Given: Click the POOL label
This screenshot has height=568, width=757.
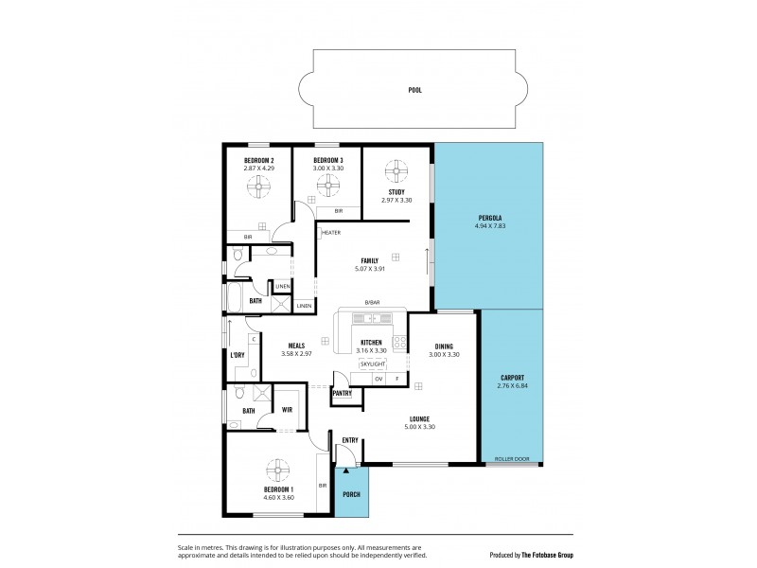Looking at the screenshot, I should tap(414, 90).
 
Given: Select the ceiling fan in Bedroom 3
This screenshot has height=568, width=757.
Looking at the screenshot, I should tap(327, 184).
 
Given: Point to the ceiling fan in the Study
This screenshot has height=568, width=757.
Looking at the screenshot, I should tap(396, 172).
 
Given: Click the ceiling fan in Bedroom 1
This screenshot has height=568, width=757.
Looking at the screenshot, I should tap(278, 470).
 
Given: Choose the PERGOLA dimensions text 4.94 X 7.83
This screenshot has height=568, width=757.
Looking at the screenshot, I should tap(489, 227).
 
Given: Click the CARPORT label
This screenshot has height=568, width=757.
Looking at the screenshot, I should tap(511, 379).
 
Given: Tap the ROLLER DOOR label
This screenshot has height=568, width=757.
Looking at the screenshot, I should tap(512, 460).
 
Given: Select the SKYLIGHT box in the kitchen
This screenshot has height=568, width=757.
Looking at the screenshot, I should tap(372, 364).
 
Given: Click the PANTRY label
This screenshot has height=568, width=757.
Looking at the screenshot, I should tap(343, 392).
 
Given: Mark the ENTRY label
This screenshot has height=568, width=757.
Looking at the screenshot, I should tap(350, 439).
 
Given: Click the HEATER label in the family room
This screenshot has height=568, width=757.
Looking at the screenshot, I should tap(331, 232).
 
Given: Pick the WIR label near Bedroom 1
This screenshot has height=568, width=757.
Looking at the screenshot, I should tap(287, 410).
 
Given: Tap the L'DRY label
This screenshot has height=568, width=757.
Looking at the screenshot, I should tap(238, 355).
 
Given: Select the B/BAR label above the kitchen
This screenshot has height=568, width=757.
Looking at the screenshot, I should tap(372, 303).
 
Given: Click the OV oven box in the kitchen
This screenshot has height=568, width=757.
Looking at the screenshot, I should tap(378, 379).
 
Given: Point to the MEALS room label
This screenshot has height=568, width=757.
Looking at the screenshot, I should tap(295, 346).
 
